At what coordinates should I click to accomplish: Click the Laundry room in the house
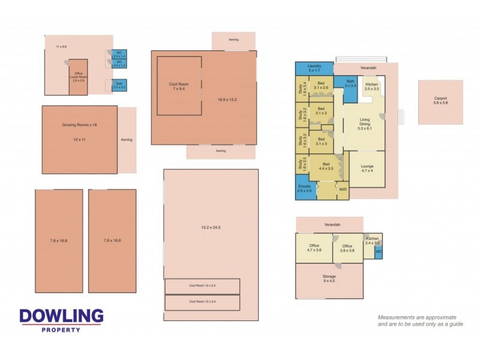pyautogui.click(x=315, y=68)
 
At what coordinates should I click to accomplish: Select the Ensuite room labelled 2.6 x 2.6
pyautogui.click(x=305, y=189)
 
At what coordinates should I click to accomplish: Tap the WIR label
pyautogui.click(x=343, y=190)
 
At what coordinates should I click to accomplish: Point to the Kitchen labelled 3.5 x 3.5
pyautogui.click(x=372, y=87)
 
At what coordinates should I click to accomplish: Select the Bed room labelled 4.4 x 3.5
pyautogui.click(x=326, y=166)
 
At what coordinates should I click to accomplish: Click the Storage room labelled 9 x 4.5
pyautogui.click(x=329, y=279)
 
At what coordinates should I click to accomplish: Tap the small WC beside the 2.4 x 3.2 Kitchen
pyautogui.click(x=379, y=253)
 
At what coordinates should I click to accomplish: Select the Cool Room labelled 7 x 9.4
pyautogui.click(x=179, y=86)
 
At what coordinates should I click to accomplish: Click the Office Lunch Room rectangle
pyautogui.click(x=79, y=77)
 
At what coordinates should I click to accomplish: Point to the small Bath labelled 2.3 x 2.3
pyautogui.click(x=118, y=85)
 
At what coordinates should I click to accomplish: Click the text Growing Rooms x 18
pyautogui.click(x=79, y=125)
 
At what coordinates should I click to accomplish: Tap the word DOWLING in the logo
pyautogui.click(x=61, y=316)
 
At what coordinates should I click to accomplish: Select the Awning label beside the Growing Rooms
pyautogui.click(x=127, y=140)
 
